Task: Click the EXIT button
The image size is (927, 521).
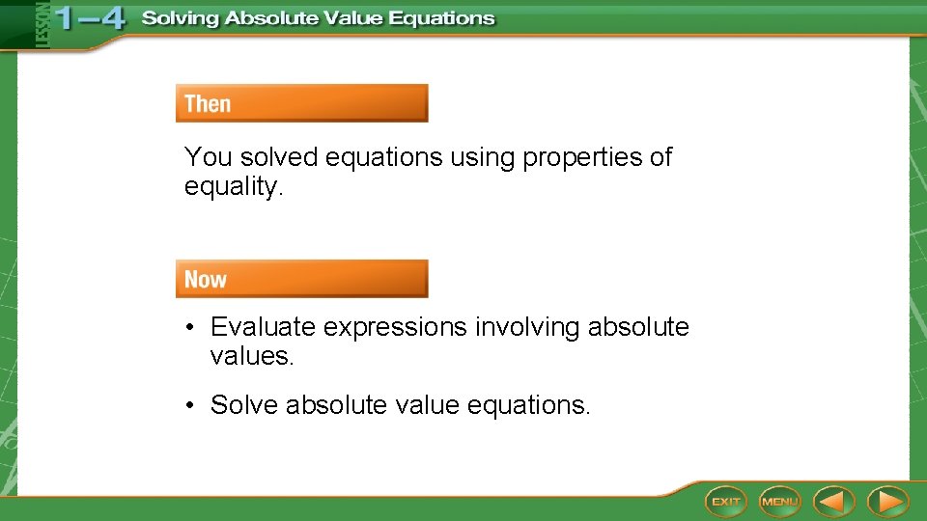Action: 725,501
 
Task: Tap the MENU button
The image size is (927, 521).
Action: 779,501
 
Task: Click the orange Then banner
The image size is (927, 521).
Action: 301,103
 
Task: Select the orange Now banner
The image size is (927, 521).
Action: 301,279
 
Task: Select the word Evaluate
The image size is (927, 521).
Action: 264,328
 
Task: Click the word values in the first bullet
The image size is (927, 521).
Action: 250,357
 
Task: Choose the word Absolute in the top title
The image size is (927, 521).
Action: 277,19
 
